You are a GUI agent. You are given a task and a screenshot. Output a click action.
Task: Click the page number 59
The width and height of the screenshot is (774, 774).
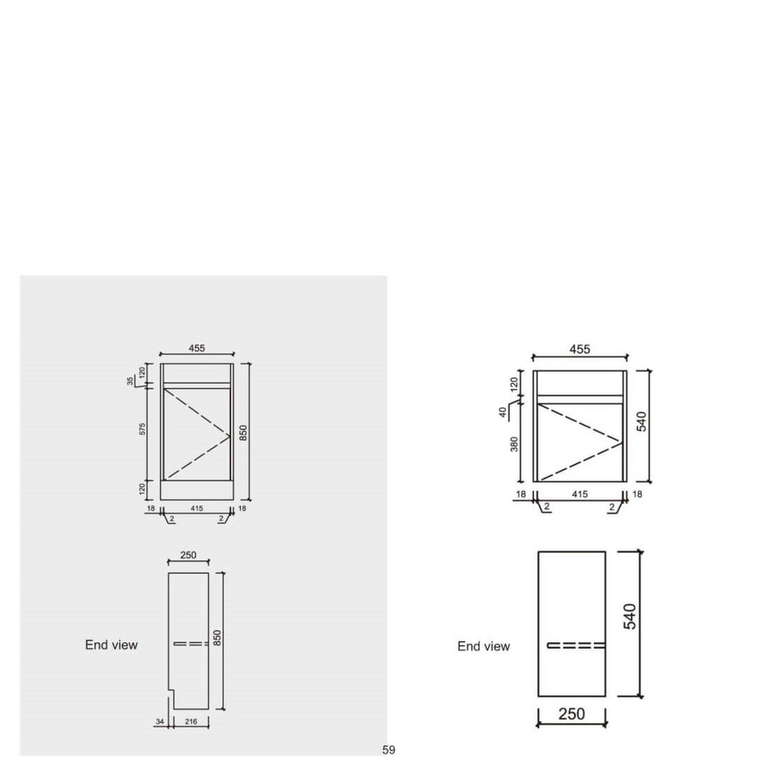point(388,750)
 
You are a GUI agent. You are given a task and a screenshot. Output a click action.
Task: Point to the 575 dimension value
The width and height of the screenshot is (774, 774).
point(143,429)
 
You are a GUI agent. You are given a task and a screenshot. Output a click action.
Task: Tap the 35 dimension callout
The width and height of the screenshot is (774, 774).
point(130,381)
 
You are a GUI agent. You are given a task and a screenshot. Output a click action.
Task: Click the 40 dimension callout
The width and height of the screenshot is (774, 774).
point(503,412)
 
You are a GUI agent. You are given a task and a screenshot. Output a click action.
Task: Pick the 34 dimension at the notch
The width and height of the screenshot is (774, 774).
point(158,722)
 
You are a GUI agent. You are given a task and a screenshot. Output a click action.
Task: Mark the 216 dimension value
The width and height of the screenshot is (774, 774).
point(191,722)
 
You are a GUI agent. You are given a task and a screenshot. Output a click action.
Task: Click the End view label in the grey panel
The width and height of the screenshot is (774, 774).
point(111,645)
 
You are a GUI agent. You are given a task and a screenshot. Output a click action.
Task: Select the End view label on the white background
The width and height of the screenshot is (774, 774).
point(484,646)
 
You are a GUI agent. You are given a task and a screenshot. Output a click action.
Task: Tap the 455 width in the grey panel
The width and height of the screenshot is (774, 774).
point(197,348)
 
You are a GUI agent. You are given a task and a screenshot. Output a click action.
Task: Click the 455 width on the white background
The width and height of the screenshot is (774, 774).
point(580,349)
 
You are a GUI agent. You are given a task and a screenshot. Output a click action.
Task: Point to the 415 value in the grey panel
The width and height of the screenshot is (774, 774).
point(196,508)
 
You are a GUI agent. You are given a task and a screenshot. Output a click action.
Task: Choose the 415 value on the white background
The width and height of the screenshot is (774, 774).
point(580,494)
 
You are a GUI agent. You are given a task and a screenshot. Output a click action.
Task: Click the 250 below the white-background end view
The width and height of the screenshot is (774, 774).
point(571,714)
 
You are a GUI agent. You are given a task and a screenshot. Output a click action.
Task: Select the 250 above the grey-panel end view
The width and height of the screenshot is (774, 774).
point(188,555)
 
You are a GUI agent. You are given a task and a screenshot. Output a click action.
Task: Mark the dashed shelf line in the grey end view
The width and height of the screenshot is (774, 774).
point(191,644)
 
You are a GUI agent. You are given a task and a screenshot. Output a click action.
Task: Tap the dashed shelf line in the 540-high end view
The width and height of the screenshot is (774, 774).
point(576,646)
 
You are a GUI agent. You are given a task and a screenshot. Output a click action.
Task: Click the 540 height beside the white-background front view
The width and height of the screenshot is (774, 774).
point(641,421)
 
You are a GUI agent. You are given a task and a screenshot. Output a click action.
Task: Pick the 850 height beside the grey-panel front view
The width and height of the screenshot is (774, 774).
point(244,433)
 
